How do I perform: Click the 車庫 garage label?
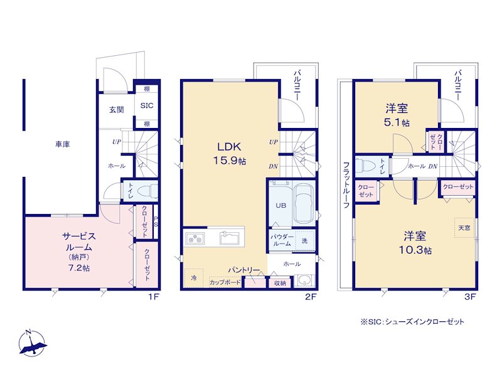pyautogui.click(x=62, y=144)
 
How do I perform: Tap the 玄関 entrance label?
pyautogui.click(x=117, y=110)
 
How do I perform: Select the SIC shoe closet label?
pyautogui.click(x=147, y=105)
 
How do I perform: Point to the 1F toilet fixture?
pyautogui.click(x=147, y=192)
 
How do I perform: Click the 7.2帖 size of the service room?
pyautogui.click(x=79, y=268)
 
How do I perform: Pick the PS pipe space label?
pyautogui.click(x=156, y=222)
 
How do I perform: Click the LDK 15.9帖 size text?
pyautogui.click(x=229, y=161)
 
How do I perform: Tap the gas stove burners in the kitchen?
pyautogui.click(x=195, y=238)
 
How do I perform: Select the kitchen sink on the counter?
pyautogui.click(x=229, y=238)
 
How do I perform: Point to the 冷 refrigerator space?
pyautogui.click(x=194, y=278)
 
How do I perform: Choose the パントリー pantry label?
pyautogui.click(x=244, y=270)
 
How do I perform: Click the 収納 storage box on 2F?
pyautogui.click(x=280, y=283)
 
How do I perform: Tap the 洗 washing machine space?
pyautogui.click(x=304, y=240)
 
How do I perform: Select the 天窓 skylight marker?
pyautogui.click(x=464, y=228)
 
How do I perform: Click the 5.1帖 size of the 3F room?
pyautogui.click(x=397, y=122)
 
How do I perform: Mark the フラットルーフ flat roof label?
pyautogui.click(x=346, y=185)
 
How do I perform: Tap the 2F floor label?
pyautogui.click(x=311, y=297)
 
